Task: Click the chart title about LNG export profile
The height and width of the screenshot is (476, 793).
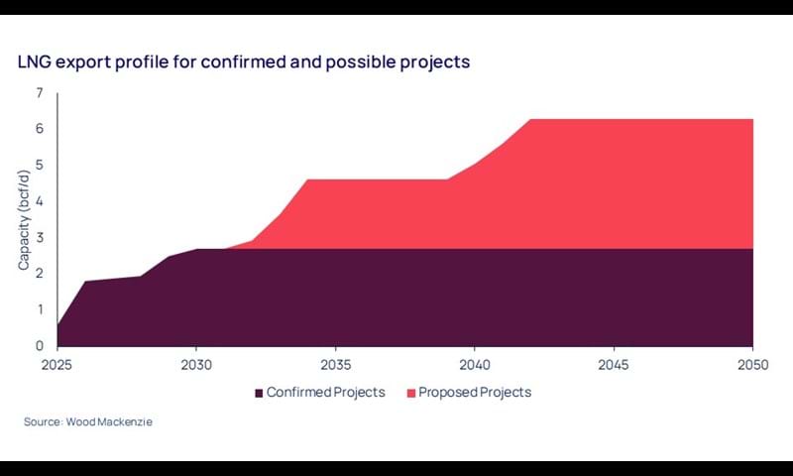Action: click(244, 61)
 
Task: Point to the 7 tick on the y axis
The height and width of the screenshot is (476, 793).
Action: click(40, 93)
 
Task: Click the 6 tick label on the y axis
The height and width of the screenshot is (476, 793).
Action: click(40, 129)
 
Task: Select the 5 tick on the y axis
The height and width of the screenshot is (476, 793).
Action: click(40, 166)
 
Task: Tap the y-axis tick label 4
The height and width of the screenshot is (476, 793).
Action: click(40, 201)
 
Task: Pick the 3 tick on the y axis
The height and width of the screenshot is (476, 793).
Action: click(40, 238)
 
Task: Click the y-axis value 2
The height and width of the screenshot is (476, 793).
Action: click(40, 274)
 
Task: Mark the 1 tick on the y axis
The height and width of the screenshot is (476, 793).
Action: click(40, 309)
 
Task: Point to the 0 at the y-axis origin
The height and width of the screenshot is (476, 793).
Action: click(40, 346)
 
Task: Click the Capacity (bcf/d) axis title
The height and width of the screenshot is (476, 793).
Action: click(24, 219)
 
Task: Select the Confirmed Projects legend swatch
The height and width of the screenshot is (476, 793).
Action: click(260, 392)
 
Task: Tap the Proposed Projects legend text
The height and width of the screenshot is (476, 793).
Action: click(475, 392)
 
